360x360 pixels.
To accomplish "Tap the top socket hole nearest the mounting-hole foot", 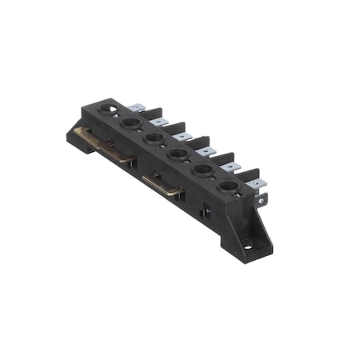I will tap(228, 186).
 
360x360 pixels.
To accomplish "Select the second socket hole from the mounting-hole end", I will tap(203, 170).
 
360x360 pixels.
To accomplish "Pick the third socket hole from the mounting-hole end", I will tap(178, 153).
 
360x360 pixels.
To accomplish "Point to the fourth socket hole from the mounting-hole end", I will tap(154, 138).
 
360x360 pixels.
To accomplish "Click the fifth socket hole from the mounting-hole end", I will tap(130, 123).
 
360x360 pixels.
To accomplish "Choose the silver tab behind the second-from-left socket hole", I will tap(159, 122).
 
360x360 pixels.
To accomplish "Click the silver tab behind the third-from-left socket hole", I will tap(183, 135).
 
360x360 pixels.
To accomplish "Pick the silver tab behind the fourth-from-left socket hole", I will tap(207, 150).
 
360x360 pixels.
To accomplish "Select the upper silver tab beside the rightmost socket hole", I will tap(256, 183).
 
